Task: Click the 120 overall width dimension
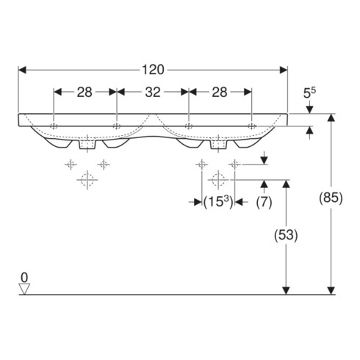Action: coord(153,71)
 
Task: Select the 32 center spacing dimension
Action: coord(153,93)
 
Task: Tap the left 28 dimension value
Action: coord(84,93)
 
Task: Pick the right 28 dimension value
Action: coord(220,93)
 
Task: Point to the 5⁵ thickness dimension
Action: coord(309,93)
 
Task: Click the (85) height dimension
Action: coord(331,198)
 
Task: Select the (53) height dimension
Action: coord(286,235)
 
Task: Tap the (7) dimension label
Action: coord(264,203)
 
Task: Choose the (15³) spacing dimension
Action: coord(218,203)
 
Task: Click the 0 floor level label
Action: coord(24,278)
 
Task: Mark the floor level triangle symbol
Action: coord(24,289)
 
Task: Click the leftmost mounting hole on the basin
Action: coord(54,126)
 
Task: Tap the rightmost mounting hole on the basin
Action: coord(252,126)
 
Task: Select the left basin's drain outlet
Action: coord(87,145)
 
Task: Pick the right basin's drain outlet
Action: coord(218,145)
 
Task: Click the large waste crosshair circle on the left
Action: coord(87,180)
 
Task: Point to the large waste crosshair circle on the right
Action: coord(218,180)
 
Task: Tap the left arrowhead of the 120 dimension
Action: coord(22,71)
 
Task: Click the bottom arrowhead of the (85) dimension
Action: coord(331,291)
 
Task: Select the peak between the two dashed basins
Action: coord(153,114)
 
